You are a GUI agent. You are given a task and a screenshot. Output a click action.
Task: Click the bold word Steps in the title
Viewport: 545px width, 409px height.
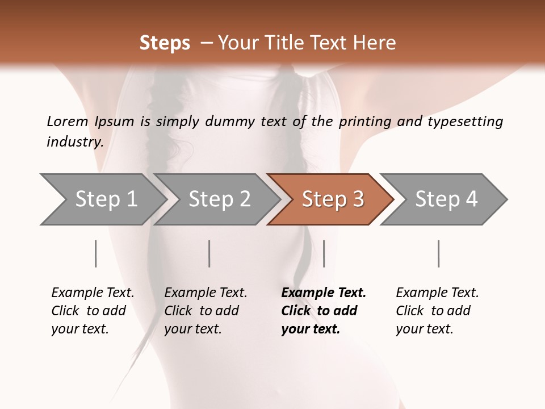pyautogui.click(x=165, y=43)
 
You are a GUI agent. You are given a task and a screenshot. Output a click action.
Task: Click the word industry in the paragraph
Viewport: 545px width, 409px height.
pyautogui.click(x=74, y=141)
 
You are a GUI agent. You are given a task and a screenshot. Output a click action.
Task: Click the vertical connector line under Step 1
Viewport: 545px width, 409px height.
pyautogui.click(x=95, y=253)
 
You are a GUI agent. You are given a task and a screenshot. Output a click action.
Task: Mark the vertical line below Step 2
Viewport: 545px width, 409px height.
pyautogui.click(x=209, y=253)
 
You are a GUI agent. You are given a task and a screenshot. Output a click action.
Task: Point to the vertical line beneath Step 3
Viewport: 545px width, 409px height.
pyautogui.click(x=324, y=253)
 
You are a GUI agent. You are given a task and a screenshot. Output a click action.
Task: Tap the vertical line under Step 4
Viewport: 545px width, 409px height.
pyautogui.click(x=438, y=253)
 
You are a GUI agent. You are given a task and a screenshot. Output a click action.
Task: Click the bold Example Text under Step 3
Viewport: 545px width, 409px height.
pyautogui.click(x=324, y=293)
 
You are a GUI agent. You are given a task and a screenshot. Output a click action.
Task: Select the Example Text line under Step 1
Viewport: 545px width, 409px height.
pyautogui.click(x=93, y=293)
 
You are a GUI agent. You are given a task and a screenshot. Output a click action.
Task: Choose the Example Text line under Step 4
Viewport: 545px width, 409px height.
pyautogui.click(x=437, y=293)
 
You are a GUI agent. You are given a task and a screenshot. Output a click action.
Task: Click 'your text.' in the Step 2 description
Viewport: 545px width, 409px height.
pyautogui.click(x=192, y=329)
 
